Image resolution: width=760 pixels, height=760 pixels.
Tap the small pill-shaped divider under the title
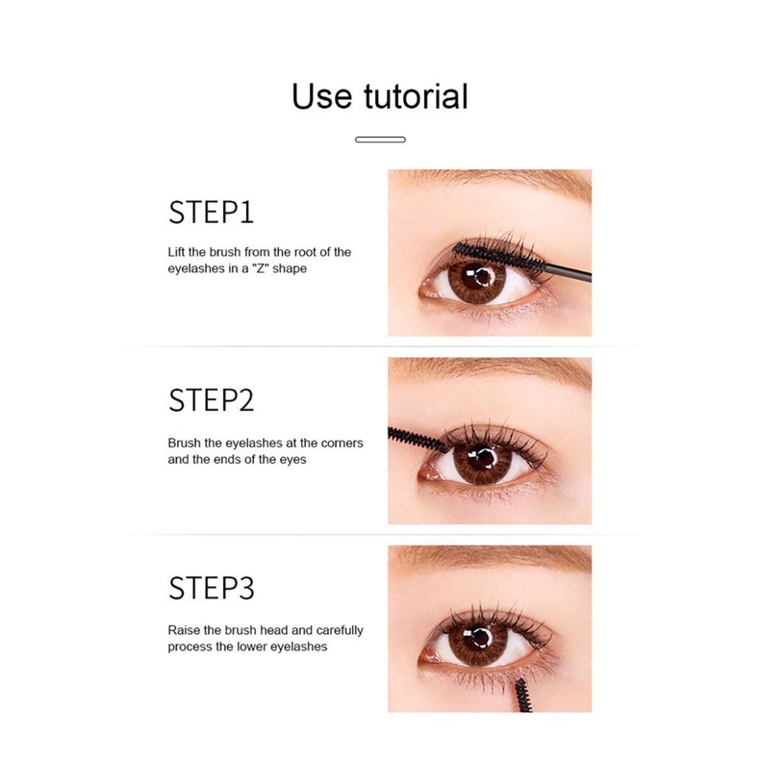point(380,139)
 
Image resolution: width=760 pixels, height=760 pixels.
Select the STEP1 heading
point(211,213)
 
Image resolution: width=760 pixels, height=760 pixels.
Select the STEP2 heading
point(211,400)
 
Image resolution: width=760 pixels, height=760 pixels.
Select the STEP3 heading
point(211,588)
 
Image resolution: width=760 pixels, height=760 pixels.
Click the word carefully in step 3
point(337,630)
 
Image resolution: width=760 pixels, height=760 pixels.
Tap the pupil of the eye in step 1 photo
point(477,280)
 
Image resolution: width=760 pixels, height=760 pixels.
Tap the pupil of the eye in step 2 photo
point(477,462)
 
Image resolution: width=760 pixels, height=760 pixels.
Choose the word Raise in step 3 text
point(184,630)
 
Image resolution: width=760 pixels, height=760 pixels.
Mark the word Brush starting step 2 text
point(185,443)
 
